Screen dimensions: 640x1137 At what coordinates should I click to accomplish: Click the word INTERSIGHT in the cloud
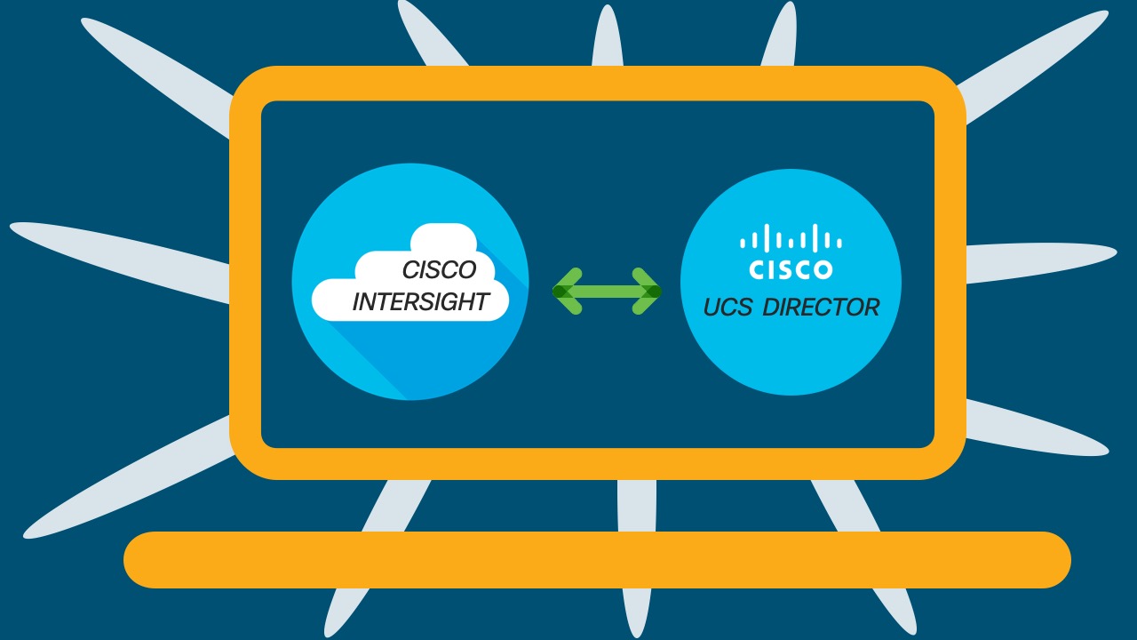point(420,302)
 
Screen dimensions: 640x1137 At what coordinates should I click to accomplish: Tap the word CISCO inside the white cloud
point(439,269)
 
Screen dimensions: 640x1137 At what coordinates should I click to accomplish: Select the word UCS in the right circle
point(728,308)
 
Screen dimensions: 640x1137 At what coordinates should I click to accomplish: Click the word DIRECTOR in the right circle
point(821,308)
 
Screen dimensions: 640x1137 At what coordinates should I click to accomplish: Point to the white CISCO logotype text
point(791,269)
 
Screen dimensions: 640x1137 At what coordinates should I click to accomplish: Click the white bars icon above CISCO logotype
point(791,240)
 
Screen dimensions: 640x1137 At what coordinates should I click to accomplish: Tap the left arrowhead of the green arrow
point(567,291)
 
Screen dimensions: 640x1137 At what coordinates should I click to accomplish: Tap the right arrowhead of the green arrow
point(647,291)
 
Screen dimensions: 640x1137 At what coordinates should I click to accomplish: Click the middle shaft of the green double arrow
point(607,291)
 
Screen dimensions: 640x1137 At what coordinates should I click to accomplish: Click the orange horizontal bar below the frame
point(597,560)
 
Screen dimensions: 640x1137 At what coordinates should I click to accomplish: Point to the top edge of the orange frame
point(597,83)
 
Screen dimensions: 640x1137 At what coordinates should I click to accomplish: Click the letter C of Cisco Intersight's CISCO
point(410,269)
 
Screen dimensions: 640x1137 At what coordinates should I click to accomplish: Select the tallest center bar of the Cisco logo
point(791,238)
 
